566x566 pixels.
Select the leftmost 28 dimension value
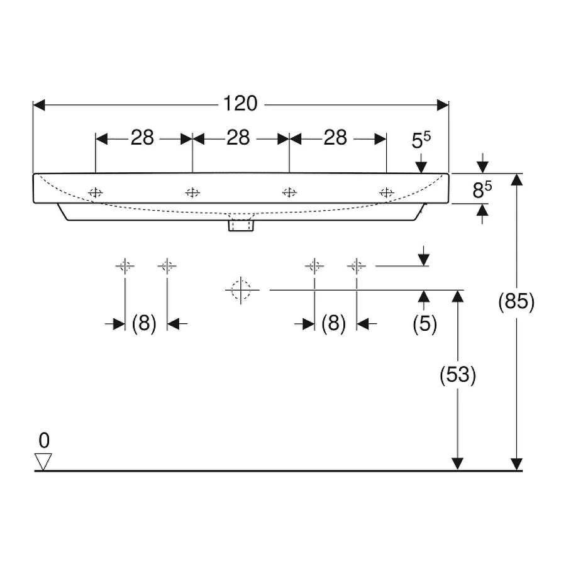click(142, 138)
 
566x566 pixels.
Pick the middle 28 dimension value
click(238, 138)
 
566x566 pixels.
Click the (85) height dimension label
click(516, 302)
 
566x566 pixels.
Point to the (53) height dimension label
click(457, 375)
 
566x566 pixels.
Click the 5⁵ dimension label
click(421, 141)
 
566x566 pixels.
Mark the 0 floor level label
click(43, 439)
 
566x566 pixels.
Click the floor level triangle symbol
click(43, 461)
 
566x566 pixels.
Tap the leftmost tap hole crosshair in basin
click(95, 192)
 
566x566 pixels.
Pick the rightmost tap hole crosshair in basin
click(386, 192)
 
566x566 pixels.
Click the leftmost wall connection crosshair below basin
click(125, 266)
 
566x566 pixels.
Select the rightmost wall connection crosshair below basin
click(357, 266)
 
